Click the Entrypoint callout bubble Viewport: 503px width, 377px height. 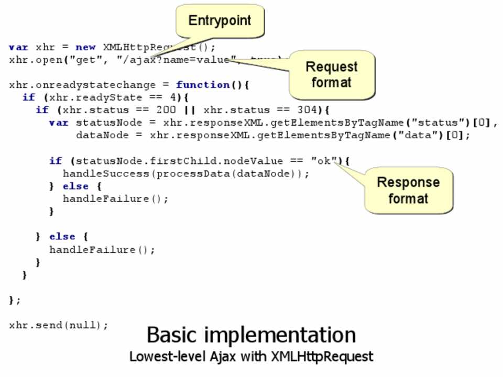coord(220,21)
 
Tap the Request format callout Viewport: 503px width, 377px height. coord(331,74)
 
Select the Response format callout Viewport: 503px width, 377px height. coord(408,190)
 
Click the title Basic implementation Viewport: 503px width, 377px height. coord(251,335)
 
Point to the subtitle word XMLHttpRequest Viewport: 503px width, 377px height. coord(322,357)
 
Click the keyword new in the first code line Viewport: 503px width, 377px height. coord(85,47)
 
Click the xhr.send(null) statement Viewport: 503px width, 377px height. coord(58,325)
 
